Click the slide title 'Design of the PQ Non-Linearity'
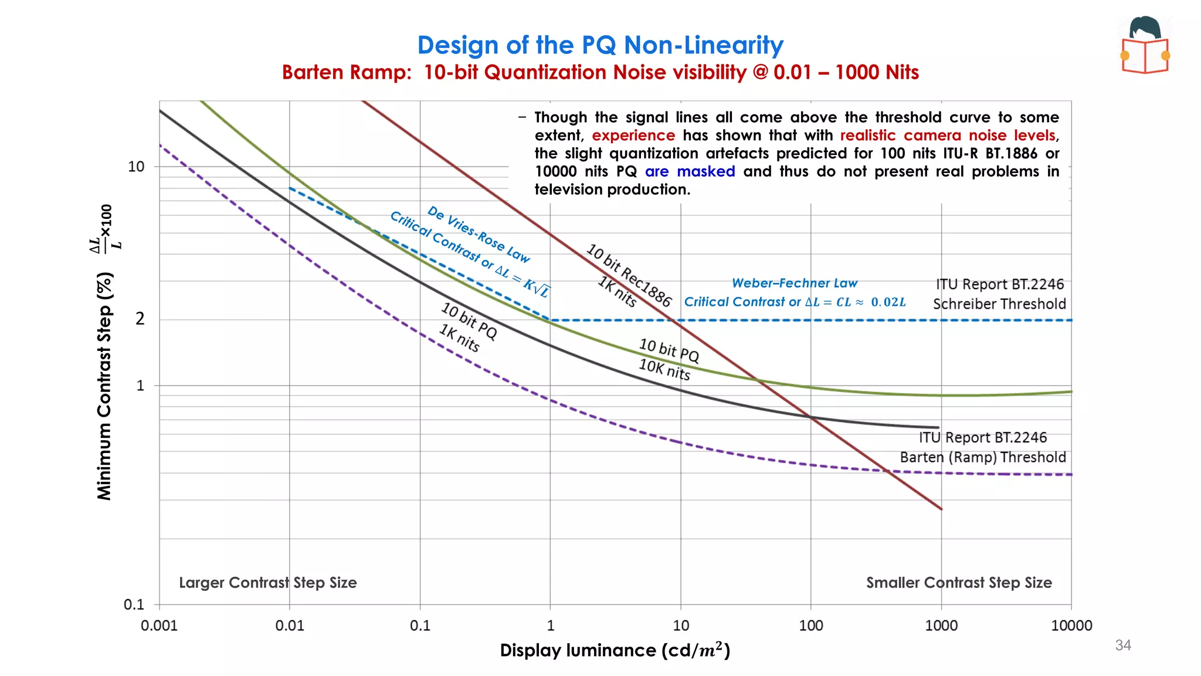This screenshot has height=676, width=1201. coord(600,45)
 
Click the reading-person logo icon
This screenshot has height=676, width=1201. coord(1145,46)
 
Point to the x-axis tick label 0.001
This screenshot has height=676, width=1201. coord(159,626)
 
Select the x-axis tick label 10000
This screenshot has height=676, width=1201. coord(1071,626)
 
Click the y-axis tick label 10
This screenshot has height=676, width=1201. coord(136,167)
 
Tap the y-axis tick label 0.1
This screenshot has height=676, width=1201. coord(134,604)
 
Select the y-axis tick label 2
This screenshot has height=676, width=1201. coord(140,319)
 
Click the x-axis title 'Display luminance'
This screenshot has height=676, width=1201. coord(578,650)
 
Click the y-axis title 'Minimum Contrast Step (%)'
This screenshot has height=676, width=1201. coord(105,386)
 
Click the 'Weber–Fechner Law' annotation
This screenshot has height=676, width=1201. coord(795,283)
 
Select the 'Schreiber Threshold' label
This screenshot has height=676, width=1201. coord(999,304)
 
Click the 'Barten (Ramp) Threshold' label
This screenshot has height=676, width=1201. coord(983,457)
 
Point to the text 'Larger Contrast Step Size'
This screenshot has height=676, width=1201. coord(267,583)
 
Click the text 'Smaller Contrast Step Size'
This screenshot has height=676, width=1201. coord(959,583)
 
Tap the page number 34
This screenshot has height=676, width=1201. coord(1122,645)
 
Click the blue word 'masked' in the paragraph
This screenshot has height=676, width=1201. coord(705,171)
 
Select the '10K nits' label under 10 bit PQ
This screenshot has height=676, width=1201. coord(664,370)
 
